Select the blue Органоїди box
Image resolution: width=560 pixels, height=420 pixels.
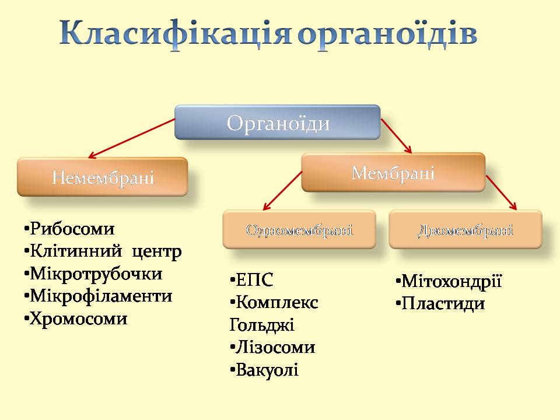[278, 123]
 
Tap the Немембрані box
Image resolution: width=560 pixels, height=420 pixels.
[103, 177]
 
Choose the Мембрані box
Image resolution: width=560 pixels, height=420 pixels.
[393, 173]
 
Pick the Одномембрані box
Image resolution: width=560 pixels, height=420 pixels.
[299, 229]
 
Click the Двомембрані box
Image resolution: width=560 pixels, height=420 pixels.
[465, 229]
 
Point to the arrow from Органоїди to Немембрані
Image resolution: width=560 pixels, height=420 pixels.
[132, 138]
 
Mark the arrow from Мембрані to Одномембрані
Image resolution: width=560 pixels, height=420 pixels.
[283, 193]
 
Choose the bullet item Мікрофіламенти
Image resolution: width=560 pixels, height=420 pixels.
[100, 296]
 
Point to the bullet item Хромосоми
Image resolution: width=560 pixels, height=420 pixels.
[78, 318]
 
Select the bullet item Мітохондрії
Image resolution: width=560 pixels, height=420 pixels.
[450, 282]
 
